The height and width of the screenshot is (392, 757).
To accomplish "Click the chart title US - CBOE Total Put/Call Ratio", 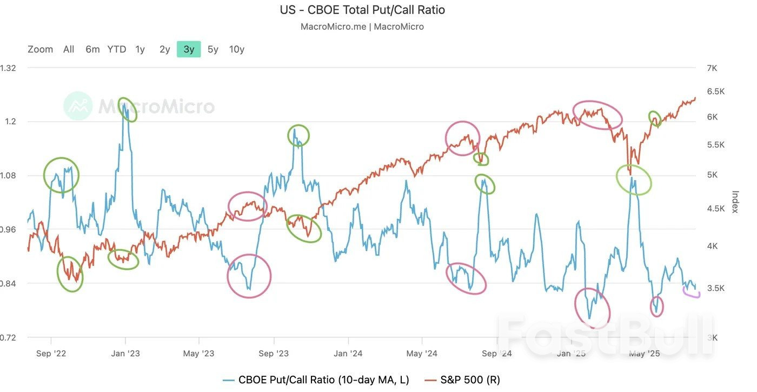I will [362, 10].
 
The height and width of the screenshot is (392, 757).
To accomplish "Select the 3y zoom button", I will [189, 49].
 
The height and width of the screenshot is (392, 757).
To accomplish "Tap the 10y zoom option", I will [236, 49].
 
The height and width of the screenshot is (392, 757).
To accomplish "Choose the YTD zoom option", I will [116, 49].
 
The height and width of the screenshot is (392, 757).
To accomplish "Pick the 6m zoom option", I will [92, 49].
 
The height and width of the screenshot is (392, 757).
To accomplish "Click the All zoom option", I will [69, 49].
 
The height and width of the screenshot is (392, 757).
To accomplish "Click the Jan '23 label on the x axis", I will [125, 354].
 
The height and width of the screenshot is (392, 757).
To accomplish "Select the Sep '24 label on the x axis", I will [496, 354].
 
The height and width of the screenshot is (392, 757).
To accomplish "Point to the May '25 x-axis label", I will [645, 354].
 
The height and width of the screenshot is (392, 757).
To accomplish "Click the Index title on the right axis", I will [735, 202].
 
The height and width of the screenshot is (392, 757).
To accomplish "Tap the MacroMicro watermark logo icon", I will [78, 105].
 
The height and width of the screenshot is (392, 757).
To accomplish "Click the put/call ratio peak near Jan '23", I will [124, 104].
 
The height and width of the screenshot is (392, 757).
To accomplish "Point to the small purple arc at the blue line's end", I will [692, 294].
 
